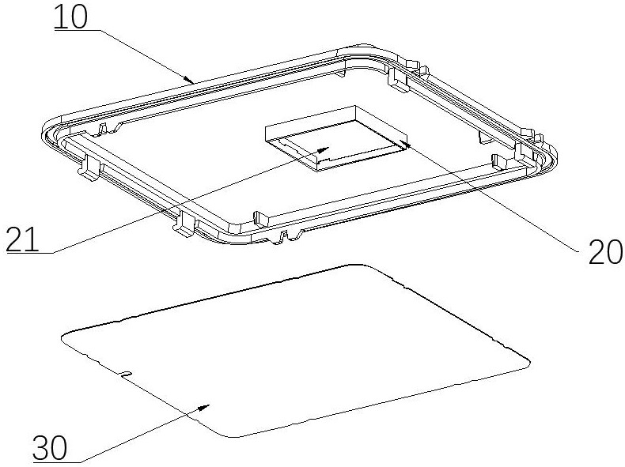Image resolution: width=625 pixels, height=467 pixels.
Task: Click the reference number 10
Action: pos(70,17)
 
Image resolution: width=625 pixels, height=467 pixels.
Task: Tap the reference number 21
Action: pos(22,239)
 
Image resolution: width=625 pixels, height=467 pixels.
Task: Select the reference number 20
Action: pos(605,252)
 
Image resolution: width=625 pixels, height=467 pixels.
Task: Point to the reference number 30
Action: pos(50,448)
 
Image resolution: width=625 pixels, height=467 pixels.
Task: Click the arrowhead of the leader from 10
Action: pos(190,81)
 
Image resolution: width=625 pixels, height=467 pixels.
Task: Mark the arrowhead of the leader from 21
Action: pos(324,149)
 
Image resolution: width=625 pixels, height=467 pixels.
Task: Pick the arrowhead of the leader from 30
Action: pos(203,407)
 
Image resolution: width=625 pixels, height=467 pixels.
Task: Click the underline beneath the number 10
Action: pos(78,30)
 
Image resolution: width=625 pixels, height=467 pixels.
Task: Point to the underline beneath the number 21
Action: pos(28,252)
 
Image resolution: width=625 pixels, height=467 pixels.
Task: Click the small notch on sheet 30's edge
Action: pos(125,374)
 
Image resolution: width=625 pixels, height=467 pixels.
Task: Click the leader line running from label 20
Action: pos(491,198)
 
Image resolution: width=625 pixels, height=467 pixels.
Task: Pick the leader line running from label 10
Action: pos(145,55)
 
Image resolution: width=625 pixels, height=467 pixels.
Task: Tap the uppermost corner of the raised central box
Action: pos(354,106)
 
